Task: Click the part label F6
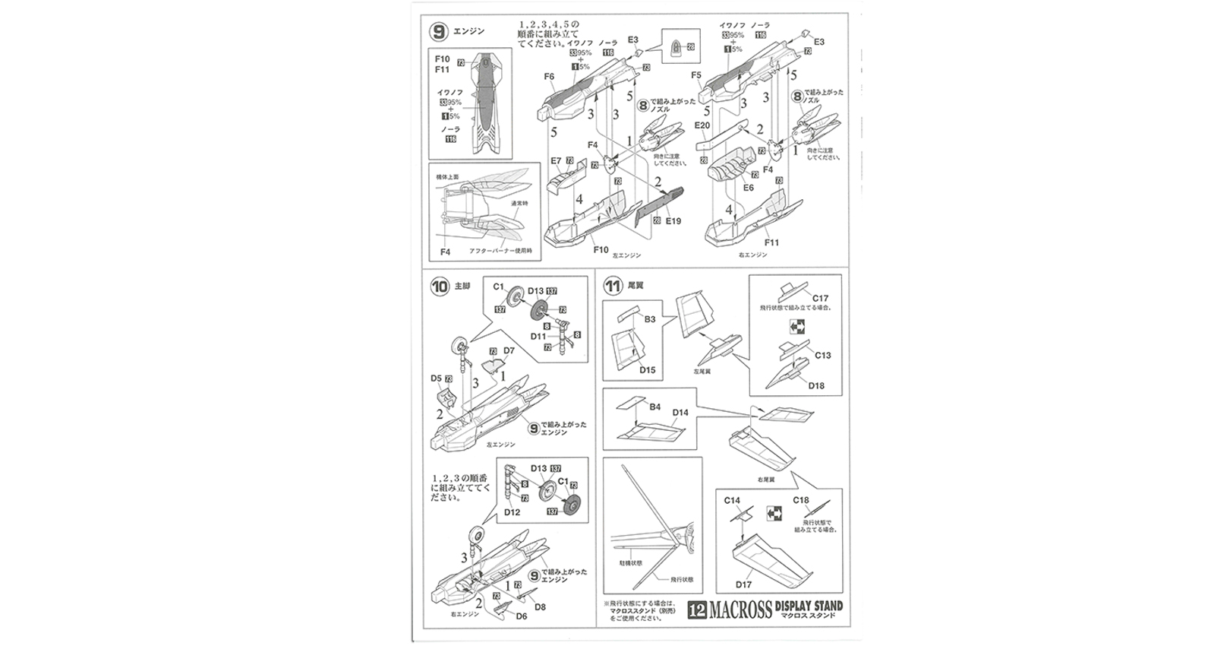(x=549, y=77)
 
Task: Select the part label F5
(x=696, y=75)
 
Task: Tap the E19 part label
(x=673, y=222)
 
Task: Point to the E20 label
(x=702, y=126)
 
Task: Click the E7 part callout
(x=556, y=161)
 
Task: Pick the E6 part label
(x=749, y=187)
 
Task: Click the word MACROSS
(x=741, y=610)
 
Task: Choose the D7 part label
(x=509, y=350)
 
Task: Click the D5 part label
(x=436, y=378)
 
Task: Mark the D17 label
(x=743, y=584)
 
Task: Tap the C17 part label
(x=820, y=298)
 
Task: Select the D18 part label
(x=816, y=385)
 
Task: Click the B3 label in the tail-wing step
(x=649, y=320)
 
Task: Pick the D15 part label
(x=648, y=370)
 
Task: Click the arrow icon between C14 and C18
(x=774, y=511)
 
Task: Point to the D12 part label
(x=512, y=512)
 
